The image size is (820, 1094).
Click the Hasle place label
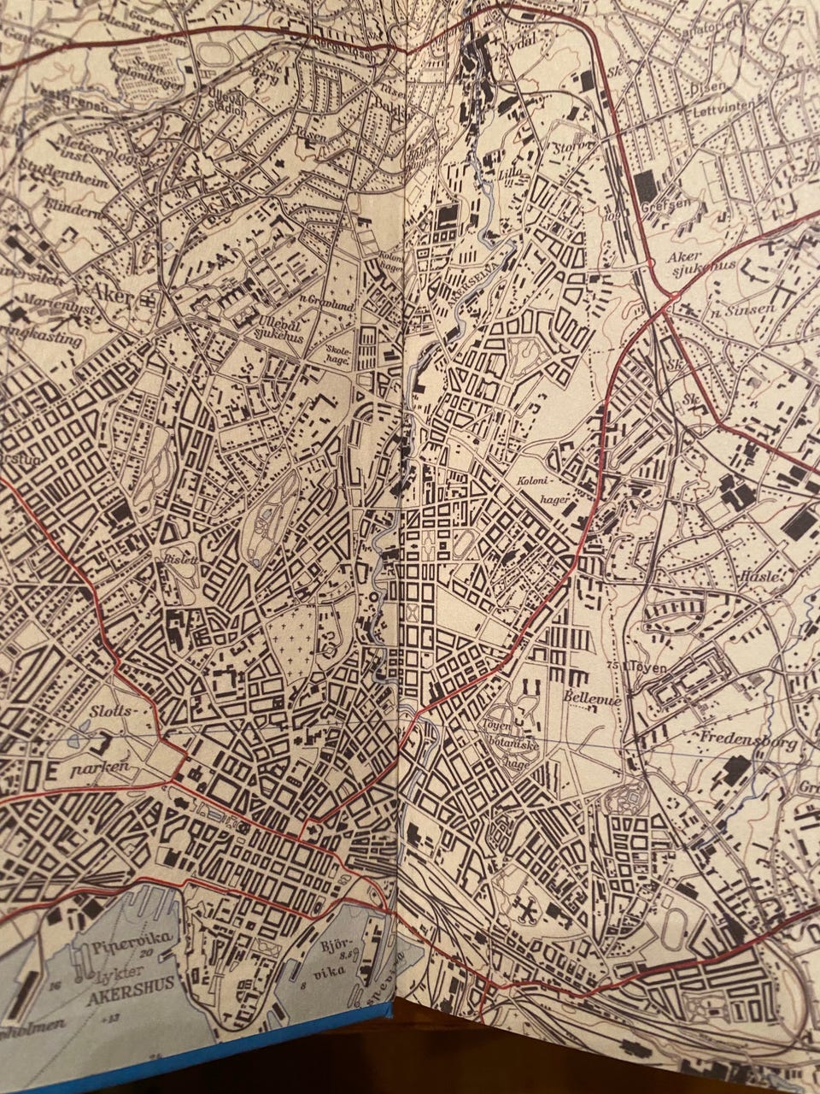[x=762, y=576]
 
